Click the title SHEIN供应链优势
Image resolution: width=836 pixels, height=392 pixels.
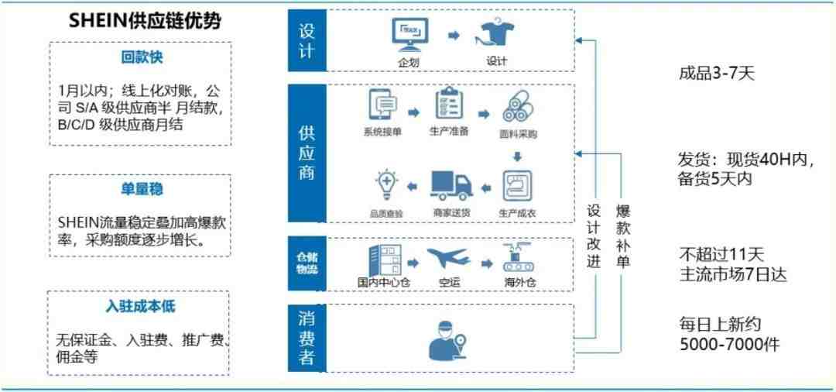145,22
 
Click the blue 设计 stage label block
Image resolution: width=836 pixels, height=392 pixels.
307,40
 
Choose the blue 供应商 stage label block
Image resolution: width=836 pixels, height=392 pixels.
307,153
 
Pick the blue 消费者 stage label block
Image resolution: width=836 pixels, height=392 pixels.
307,338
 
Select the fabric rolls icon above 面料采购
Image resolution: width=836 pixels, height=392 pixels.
518,106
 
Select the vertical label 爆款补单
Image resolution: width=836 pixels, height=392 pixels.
623,235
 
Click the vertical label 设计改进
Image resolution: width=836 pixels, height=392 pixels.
594,235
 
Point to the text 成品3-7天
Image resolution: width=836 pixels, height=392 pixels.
717,74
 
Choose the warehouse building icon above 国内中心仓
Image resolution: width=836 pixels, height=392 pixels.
384,260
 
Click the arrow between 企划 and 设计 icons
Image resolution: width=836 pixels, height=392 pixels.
453,36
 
